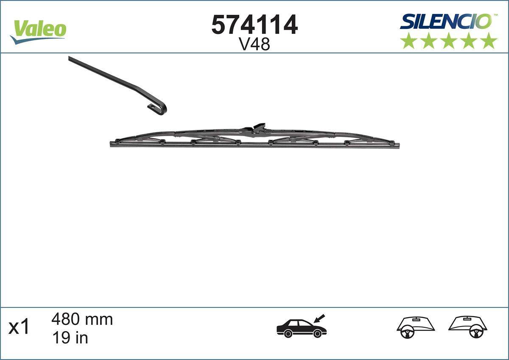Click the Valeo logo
point(39,31)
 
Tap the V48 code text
point(255,44)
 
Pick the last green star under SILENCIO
point(489,40)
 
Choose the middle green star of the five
point(449,40)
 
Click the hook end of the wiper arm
point(160,108)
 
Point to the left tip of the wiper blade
point(112,144)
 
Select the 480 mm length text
point(82,319)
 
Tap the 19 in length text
point(70,338)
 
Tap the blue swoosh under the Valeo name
point(36,39)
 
